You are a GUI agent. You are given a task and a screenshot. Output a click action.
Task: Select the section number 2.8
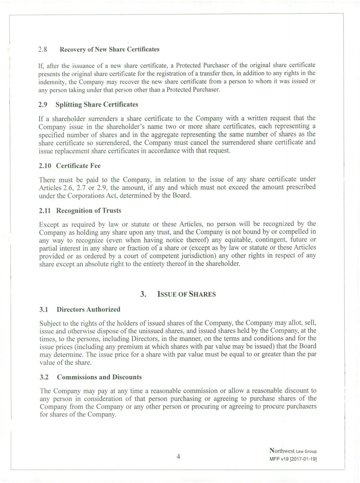(43, 49)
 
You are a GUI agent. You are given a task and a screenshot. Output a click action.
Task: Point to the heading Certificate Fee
(78, 166)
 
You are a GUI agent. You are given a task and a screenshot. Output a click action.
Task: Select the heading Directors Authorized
(88, 309)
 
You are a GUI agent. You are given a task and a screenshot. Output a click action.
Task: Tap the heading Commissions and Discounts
(99, 377)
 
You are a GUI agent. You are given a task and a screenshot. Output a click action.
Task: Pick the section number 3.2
(44, 377)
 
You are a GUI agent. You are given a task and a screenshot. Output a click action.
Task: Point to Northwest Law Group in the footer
(293, 451)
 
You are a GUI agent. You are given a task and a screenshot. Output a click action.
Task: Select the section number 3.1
(44, 309)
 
